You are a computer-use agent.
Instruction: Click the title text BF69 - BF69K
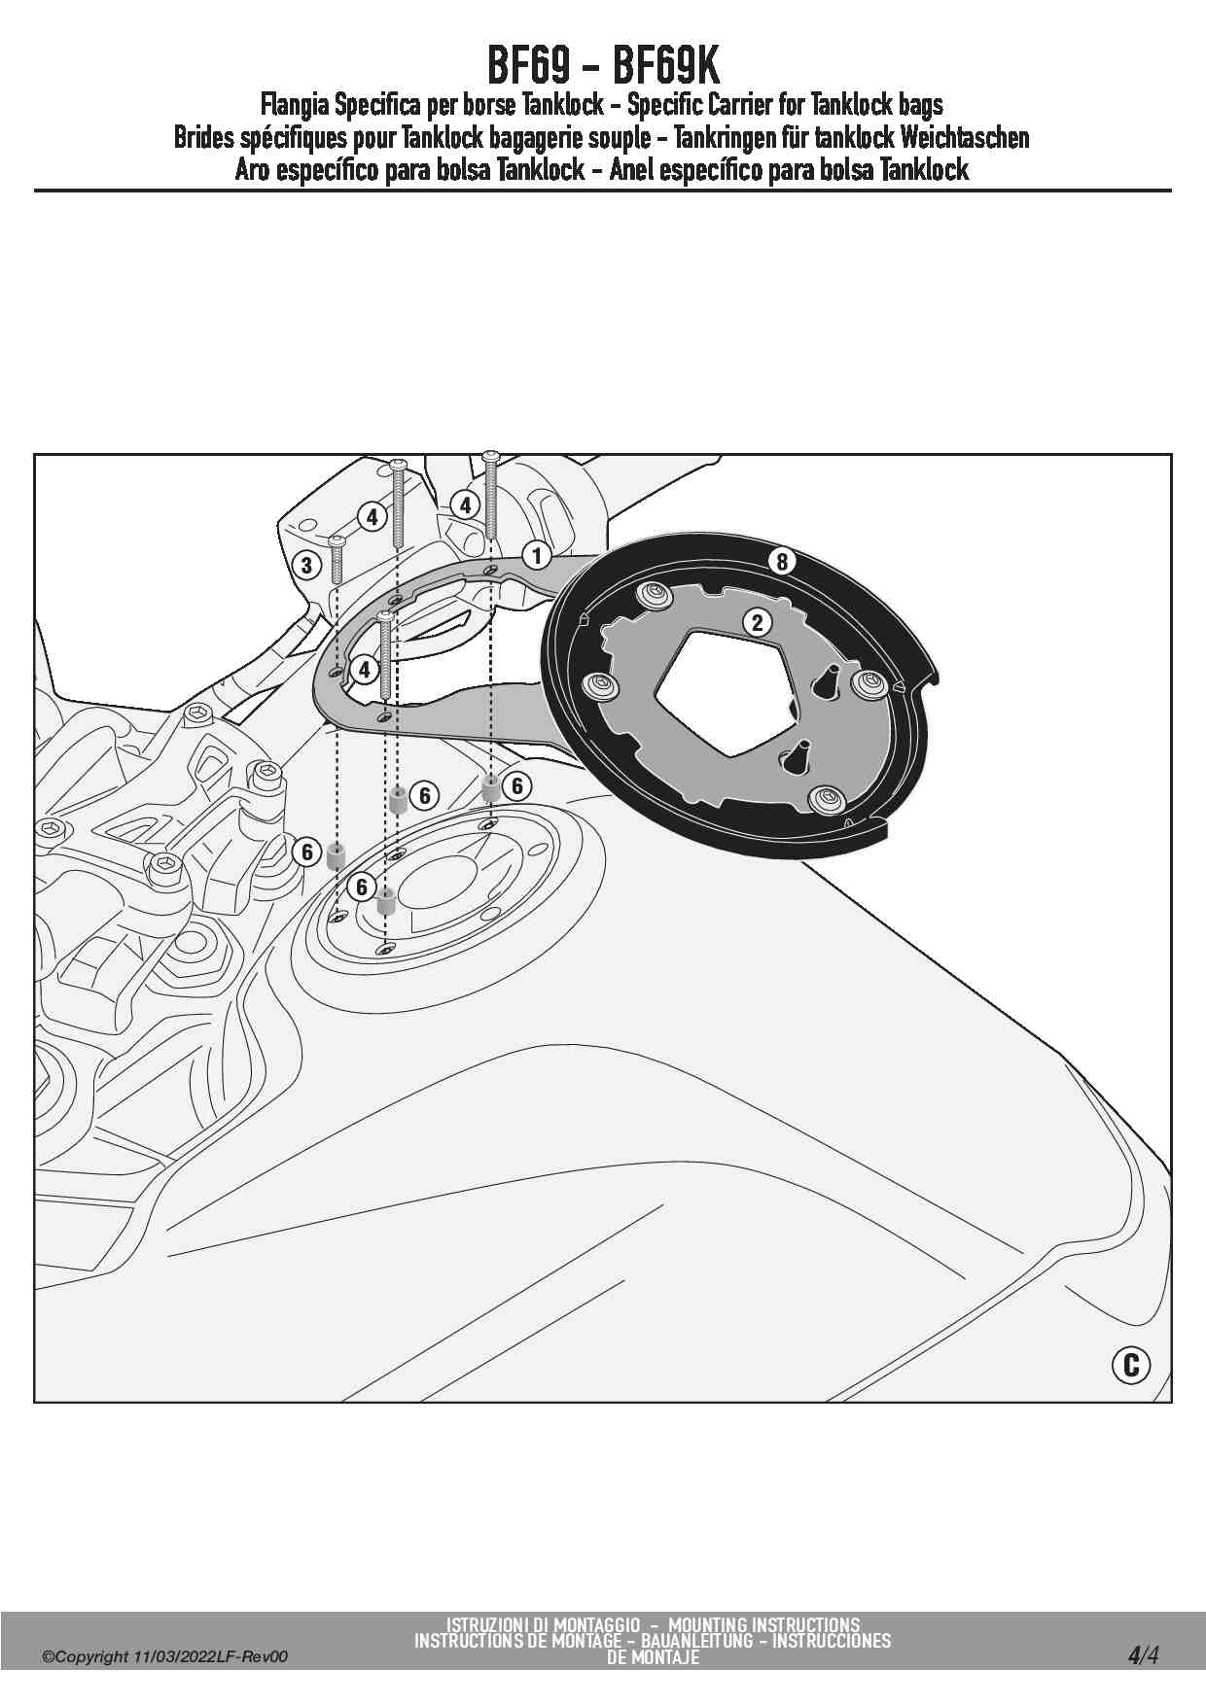(x=603, y=67)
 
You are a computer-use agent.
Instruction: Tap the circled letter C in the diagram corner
(x=1130, y=1365)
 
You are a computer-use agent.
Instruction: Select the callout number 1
(x=536, y=555)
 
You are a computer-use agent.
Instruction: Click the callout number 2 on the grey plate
(x=757, y=623)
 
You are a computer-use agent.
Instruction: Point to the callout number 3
(x=306, y=565)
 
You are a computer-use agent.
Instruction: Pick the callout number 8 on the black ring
(x=782, y=561)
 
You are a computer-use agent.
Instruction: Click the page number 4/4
(x=1143, y=1654)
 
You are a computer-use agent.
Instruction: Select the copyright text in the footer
(x=164, y=1657)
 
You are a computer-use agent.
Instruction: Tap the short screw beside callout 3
(x=337, y=559)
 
